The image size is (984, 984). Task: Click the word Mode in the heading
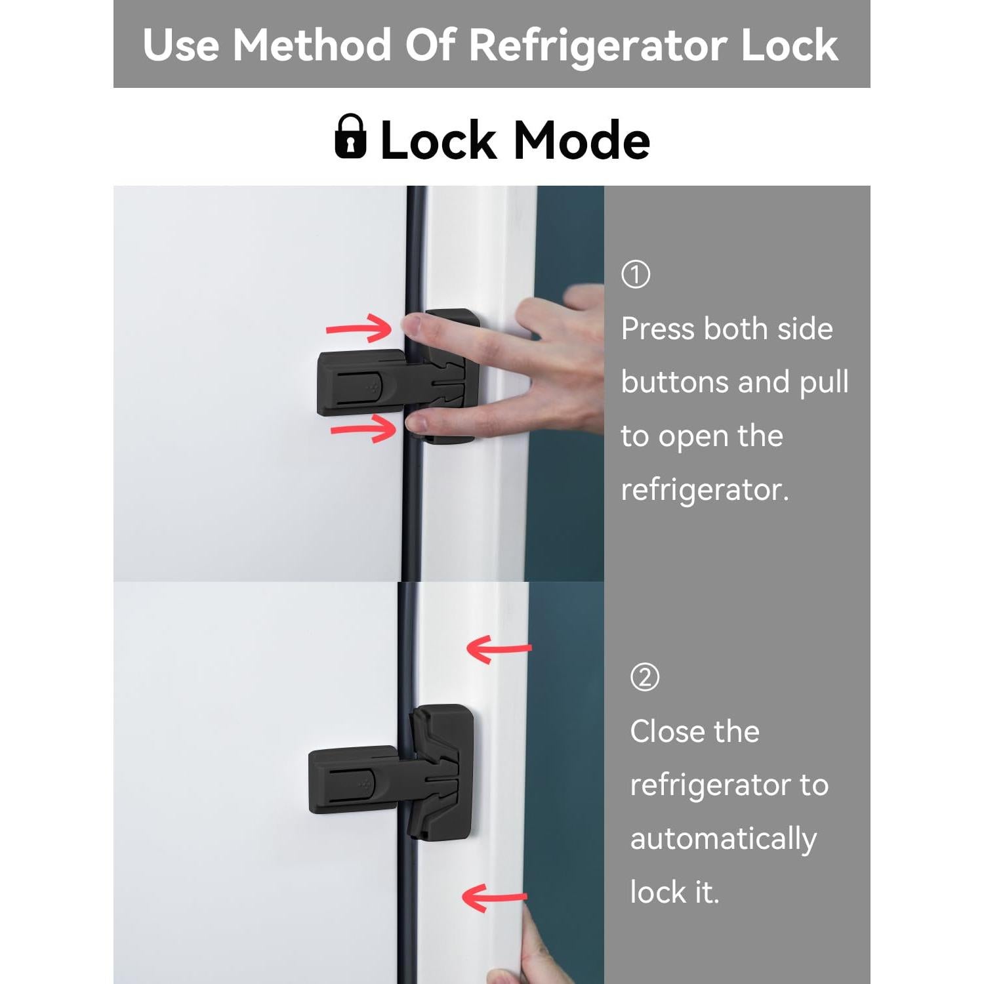[581, 141]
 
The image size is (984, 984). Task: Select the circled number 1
[635, 275]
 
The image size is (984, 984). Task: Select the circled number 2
[644, 677]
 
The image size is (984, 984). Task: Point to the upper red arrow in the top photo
[359, 328]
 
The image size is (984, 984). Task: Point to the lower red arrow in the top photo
[364, 428]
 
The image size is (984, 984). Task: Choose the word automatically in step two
[723, 839]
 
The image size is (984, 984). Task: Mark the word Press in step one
[658, 329]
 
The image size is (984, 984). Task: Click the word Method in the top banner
[312, 46]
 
